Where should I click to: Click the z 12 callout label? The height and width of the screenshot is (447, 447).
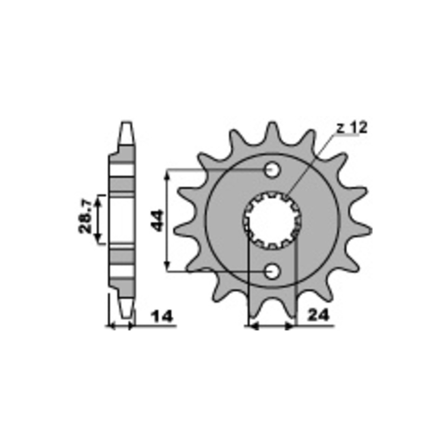[352, 128]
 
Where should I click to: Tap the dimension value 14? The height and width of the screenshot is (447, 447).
[162, 316]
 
